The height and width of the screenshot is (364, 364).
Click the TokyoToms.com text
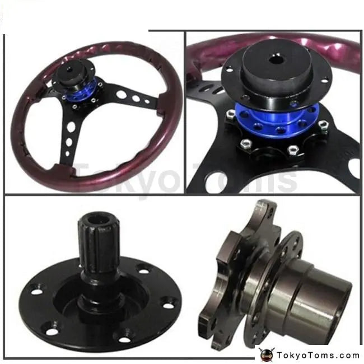tap(318, 356)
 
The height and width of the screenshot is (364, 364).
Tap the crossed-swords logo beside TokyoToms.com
tap(266, 355)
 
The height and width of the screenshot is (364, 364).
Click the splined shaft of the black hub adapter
tap(99, 246)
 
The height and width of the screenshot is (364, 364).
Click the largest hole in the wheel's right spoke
tap(121, 94)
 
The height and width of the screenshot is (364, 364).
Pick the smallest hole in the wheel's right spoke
tap(147, 101)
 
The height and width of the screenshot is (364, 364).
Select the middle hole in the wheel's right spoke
tap(136, 98)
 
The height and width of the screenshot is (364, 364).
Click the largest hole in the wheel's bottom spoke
tap(71, 127)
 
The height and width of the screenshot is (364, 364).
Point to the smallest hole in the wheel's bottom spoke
tap(67, 153)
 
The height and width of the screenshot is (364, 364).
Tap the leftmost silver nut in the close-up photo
tap(231, 114)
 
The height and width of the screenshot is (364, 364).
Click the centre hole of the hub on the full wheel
tap(69, 69)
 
